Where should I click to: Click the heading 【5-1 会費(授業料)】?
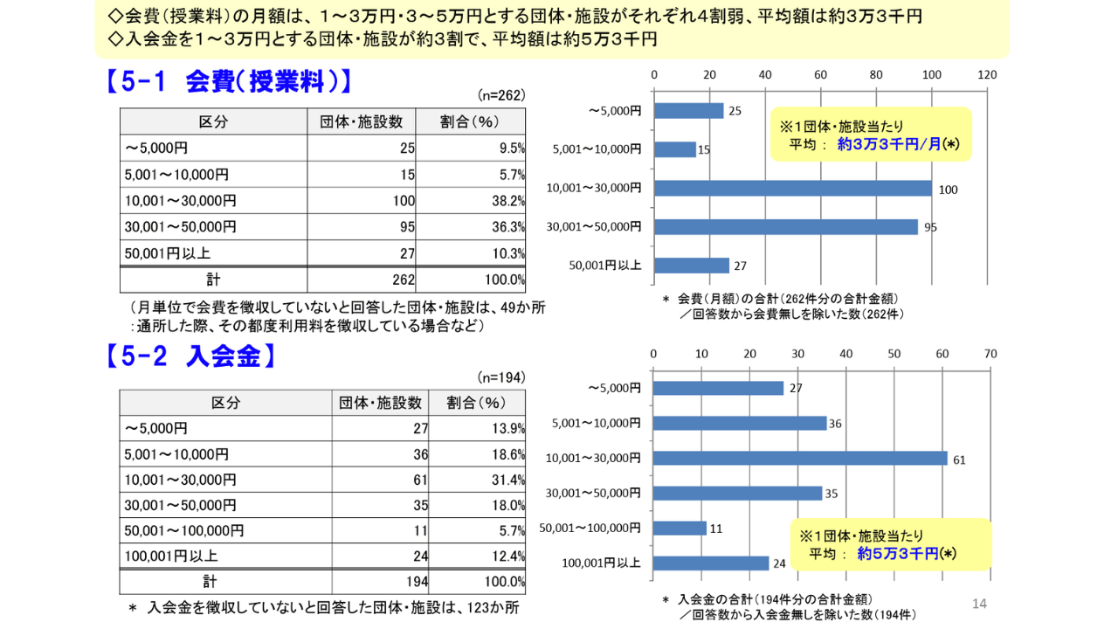point(230,82)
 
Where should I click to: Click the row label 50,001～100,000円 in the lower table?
point(184,530)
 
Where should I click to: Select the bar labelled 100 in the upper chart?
point(792,188)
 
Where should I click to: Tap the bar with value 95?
point(785,227)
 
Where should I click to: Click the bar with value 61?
point(800,458)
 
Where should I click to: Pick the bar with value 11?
point(680,528)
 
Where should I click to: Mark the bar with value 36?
point(740,423)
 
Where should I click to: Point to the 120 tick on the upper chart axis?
point(987,75)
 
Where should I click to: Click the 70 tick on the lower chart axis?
point(990,353)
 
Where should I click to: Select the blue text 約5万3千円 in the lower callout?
point(898,553)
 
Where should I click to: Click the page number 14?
point(979,604)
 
